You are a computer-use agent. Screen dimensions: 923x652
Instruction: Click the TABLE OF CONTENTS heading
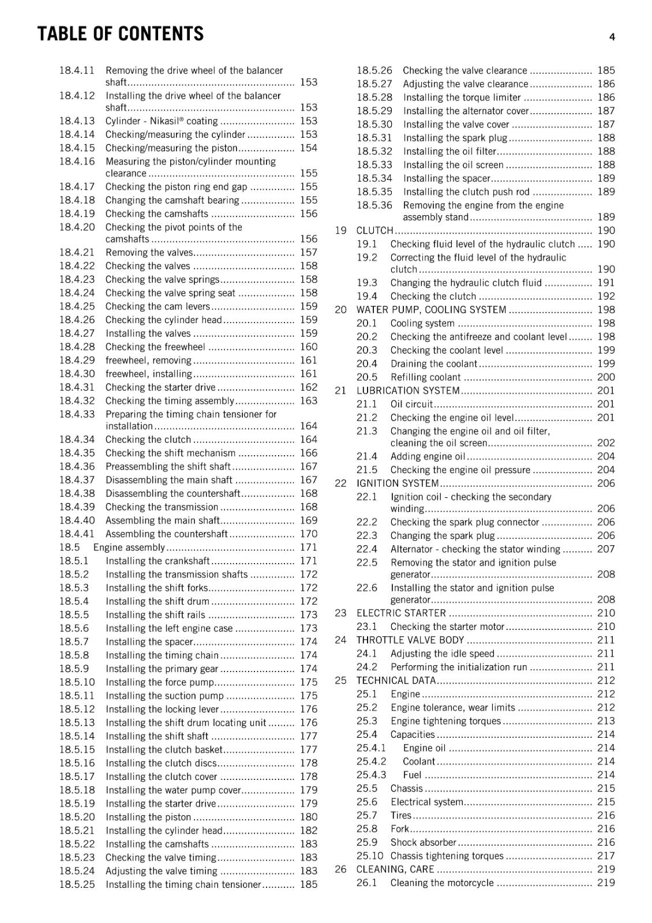(x=120, y=34)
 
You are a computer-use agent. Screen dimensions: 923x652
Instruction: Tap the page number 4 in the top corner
(x=612, y=37)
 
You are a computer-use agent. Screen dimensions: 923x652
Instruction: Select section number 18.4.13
(x=77, y=121)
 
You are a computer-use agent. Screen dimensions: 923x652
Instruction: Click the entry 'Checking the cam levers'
(x=158, y=306)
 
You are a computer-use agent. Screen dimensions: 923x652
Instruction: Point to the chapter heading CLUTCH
(x=374, y=231)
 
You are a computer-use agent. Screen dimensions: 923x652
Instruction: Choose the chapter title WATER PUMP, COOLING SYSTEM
(x=431, y=310)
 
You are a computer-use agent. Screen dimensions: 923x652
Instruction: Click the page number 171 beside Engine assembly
(x=308, y=547)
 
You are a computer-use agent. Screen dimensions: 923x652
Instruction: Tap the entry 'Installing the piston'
(x=148, y=817)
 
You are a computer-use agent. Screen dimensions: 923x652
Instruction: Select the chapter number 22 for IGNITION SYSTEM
(x=340, y=483)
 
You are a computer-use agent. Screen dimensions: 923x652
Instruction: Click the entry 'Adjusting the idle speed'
(x=442, y=654)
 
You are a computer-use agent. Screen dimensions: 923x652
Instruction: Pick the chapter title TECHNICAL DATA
(x=396, y=681)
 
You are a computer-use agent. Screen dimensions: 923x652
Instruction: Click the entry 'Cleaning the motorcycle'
(x=442, y=883)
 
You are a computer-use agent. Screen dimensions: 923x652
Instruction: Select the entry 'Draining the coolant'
(x=433, y=364)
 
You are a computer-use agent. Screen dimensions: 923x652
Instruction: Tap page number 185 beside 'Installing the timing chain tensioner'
(x=308, y=884)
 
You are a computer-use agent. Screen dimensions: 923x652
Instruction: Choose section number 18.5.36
(x=374, y=205)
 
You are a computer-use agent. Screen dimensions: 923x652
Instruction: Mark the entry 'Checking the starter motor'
(x=447, y=626)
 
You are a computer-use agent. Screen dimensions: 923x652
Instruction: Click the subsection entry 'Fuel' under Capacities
(x=412, y=775)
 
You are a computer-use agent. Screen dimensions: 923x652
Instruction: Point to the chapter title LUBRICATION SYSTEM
(x=408, y=391)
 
